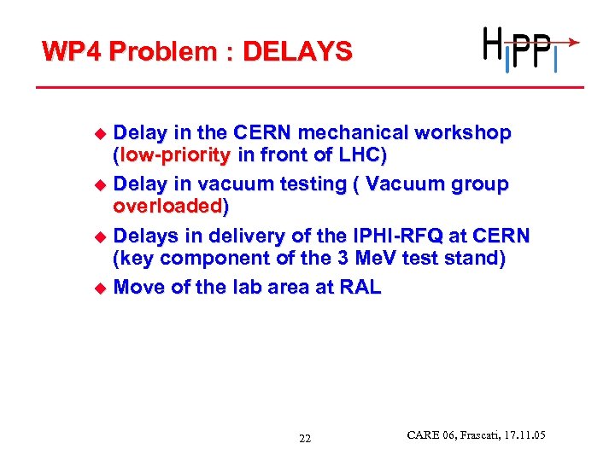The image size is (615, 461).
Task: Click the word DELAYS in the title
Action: click(x=297, y=52)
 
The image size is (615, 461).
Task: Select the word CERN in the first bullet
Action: click(x=261, y=134)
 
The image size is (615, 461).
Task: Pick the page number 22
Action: click(x=305, y=439)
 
